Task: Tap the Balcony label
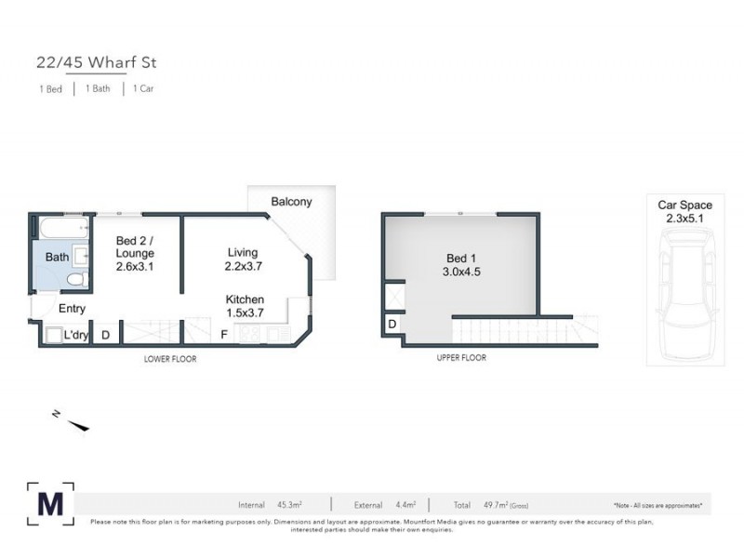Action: pyautogui.click(x=291, y=202)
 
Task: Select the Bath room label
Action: pyautogui.click(x=57, y=257)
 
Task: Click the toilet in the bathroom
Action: pyautogui.click(x=76, y=279)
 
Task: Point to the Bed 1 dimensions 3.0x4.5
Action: pyautogui.click(x=462, y=272)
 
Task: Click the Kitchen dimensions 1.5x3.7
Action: pyautogui.click(x=245, y=312)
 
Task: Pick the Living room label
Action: pyautogui.click(x=243, y=252)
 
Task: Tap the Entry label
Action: pyautogui.click(x=72, y=309)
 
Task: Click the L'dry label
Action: pyautogui.click(x=76, y=335)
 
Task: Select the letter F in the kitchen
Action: pyautogui.click(x=223, y=334)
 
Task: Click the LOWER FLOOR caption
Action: pyautogui.click(x=169, y=358)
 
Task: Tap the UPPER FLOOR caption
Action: pyautogui.click(x=460, y=357)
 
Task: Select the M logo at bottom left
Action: pyautogui.click(x=50, y=503)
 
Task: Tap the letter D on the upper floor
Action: pyautogui.click(x=392, y=324)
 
